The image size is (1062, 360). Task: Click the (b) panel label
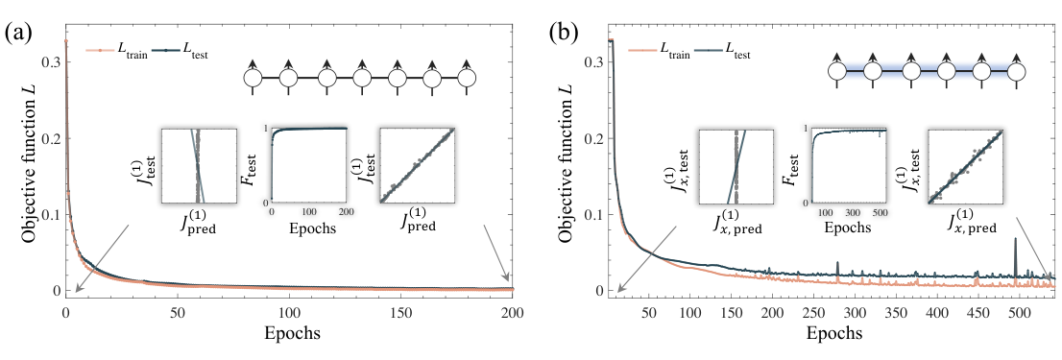[562, 34]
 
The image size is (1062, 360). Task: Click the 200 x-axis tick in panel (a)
[512, 314]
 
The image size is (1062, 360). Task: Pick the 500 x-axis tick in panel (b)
[1019, 314]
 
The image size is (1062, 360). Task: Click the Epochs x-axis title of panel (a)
[289, 334]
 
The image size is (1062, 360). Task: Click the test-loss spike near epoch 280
[838, 267]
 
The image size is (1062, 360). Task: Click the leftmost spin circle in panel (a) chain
[254, 79]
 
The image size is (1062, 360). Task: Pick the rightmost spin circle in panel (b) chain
[1015, 69]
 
